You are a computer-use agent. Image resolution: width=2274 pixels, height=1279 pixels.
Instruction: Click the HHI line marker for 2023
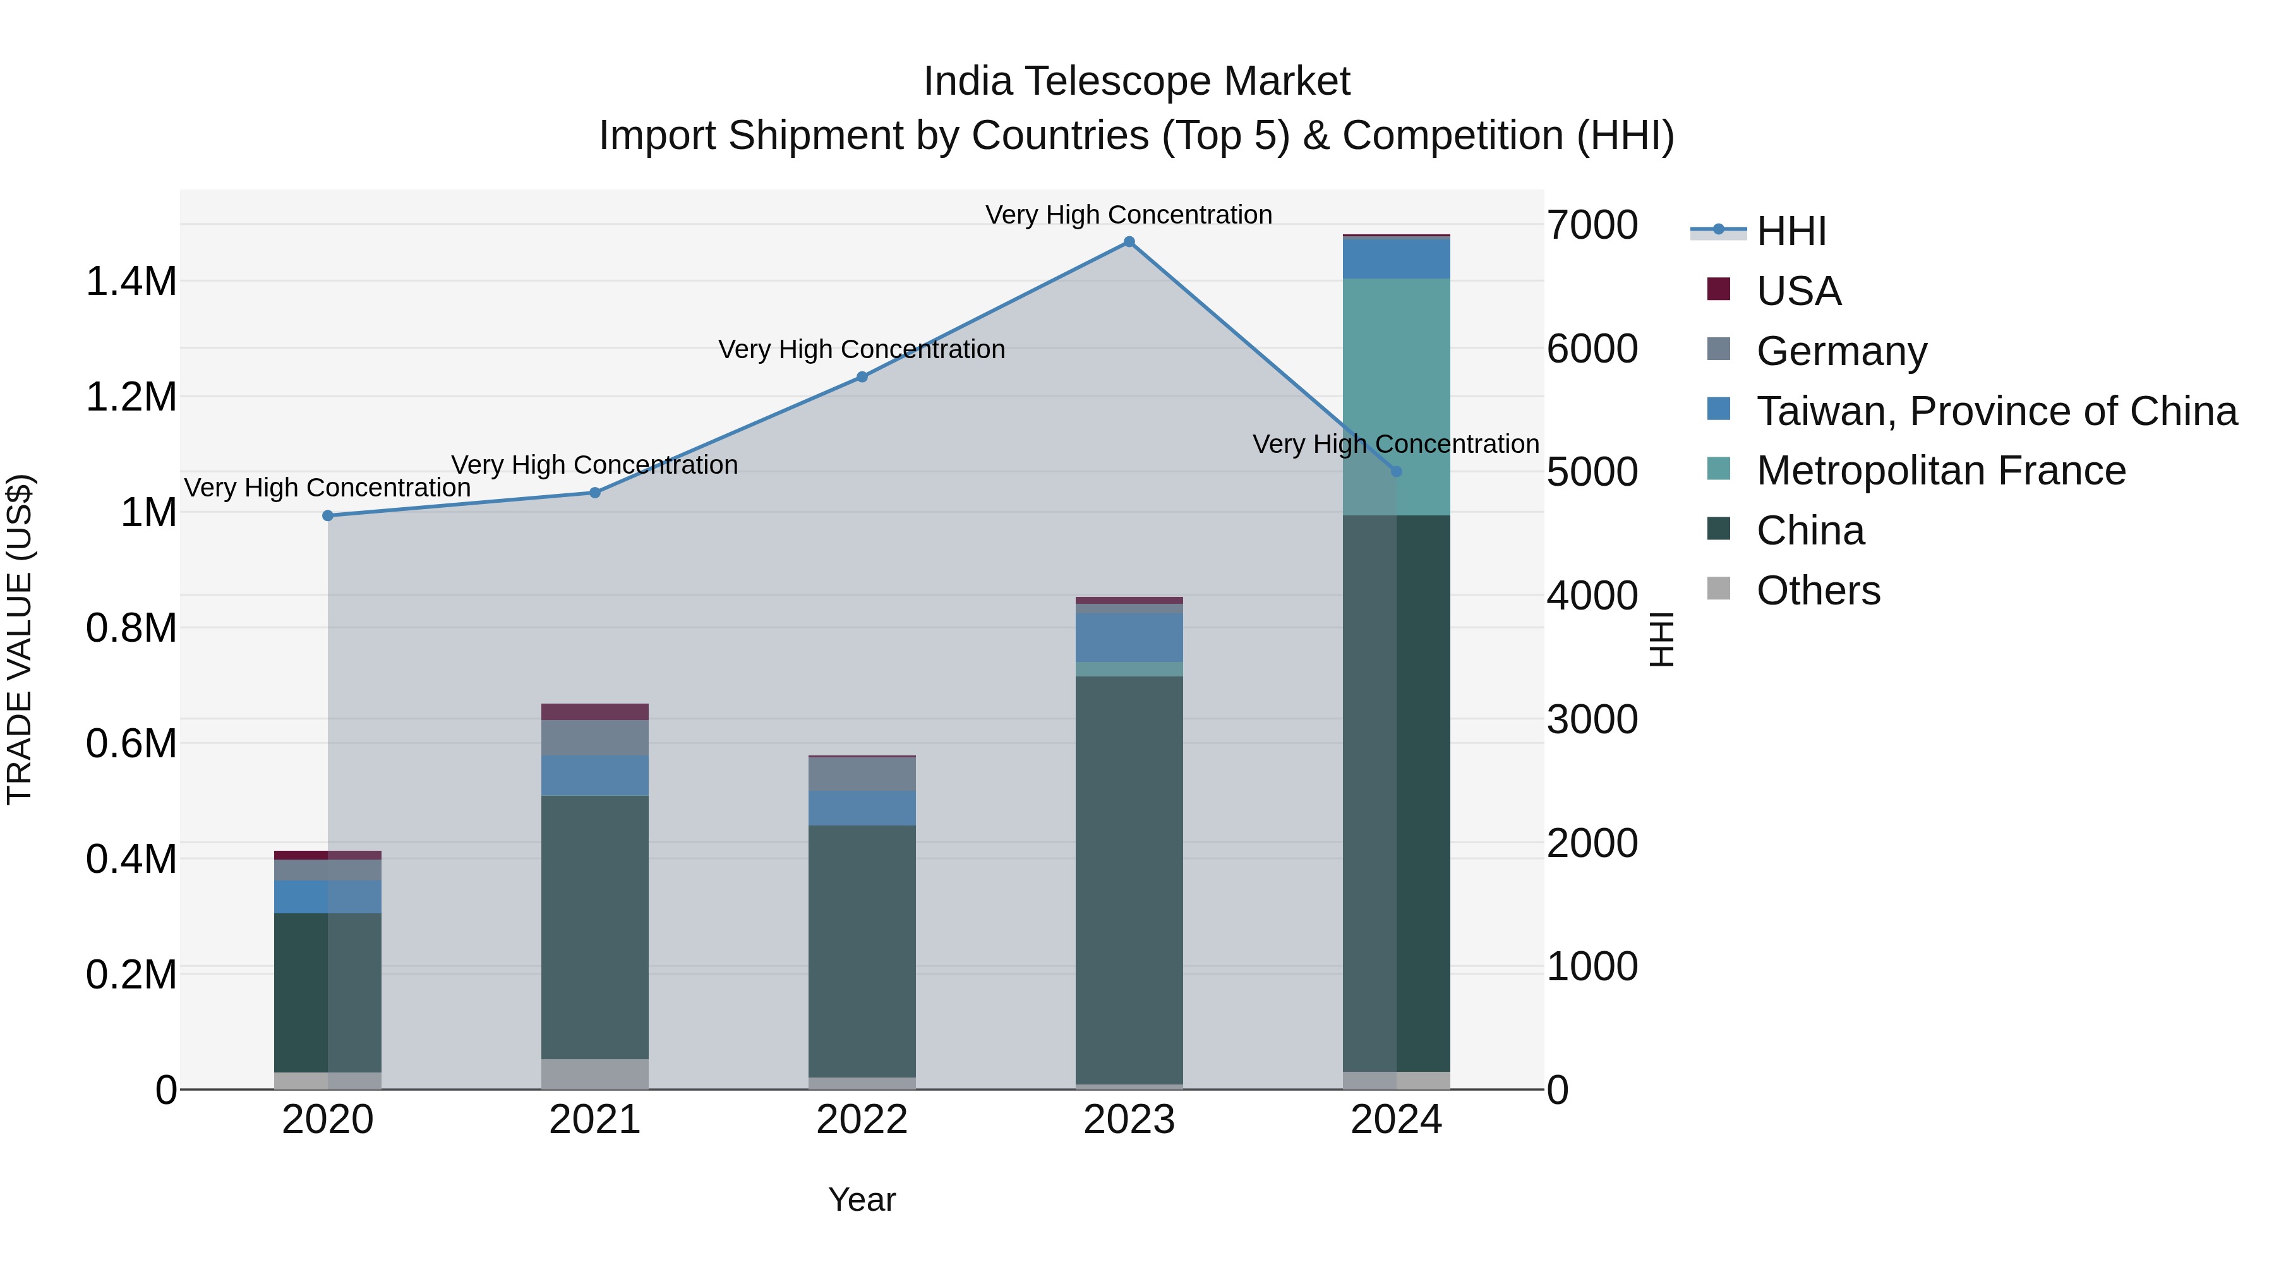1128,242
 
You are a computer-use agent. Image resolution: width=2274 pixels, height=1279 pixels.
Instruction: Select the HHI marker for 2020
327,515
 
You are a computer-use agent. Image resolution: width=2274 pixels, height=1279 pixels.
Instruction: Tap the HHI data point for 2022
862,377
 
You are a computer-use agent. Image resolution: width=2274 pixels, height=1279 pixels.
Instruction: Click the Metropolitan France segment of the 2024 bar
1395,397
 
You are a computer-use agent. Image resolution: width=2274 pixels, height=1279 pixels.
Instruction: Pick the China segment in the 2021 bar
594,927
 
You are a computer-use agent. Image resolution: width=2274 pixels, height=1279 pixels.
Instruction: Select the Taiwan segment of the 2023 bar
1128,637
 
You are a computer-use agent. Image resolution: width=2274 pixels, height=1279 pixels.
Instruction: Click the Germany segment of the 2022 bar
862,774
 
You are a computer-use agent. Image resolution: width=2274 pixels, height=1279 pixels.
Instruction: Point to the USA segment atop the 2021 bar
594,711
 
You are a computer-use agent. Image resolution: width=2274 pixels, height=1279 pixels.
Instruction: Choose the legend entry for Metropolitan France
1940,471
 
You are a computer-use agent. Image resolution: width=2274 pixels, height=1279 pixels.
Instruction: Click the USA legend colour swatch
1718,289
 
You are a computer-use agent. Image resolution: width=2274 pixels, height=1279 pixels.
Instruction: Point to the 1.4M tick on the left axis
131,282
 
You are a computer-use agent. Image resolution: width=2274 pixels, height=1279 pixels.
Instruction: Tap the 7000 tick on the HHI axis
1592,225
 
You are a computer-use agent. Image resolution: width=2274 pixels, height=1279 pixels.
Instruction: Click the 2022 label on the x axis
862,1120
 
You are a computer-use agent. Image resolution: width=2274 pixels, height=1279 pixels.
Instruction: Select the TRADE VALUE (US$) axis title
20,639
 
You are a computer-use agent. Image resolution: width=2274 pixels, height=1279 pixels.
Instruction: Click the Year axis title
862,1199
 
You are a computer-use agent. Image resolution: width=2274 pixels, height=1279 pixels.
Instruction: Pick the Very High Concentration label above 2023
1128,215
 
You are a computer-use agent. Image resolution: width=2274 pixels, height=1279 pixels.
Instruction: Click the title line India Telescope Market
1136,81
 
